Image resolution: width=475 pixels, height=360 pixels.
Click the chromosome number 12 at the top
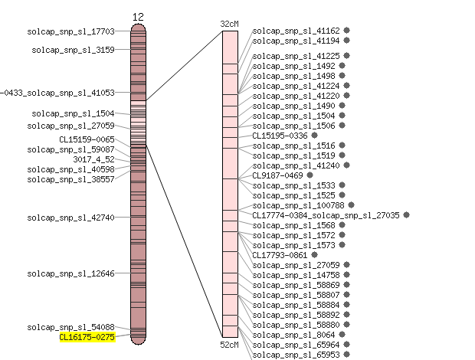138,17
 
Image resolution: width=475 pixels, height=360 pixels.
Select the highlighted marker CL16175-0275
87,337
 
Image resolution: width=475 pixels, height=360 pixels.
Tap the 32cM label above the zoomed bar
229,24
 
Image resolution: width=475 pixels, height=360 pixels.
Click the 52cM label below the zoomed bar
229,345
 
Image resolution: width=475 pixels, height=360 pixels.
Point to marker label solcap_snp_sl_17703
71,31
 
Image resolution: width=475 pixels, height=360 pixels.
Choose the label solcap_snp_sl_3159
74,50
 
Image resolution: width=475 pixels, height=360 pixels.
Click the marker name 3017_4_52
94,159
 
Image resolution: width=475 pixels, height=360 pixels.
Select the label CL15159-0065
87,139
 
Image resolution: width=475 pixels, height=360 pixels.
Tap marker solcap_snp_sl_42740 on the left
71,218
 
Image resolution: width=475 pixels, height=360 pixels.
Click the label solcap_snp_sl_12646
71,273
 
